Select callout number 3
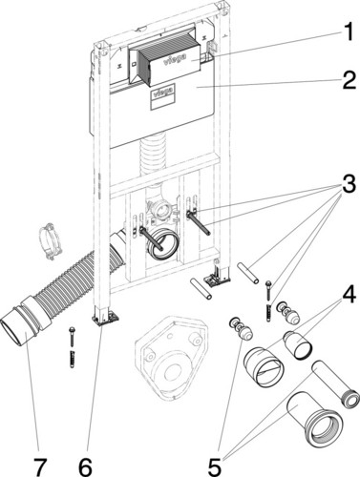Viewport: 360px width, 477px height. [x=349, y=185]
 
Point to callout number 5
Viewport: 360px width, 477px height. [x=215, y=466]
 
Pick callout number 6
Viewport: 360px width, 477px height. [x=85, y=466]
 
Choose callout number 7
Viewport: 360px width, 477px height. [x=39, y=466]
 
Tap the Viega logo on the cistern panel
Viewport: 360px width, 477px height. [x=163, y=93]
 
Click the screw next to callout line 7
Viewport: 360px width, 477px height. [x=73, y=347]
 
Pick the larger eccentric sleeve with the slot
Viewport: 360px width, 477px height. [x=264, y=366]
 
